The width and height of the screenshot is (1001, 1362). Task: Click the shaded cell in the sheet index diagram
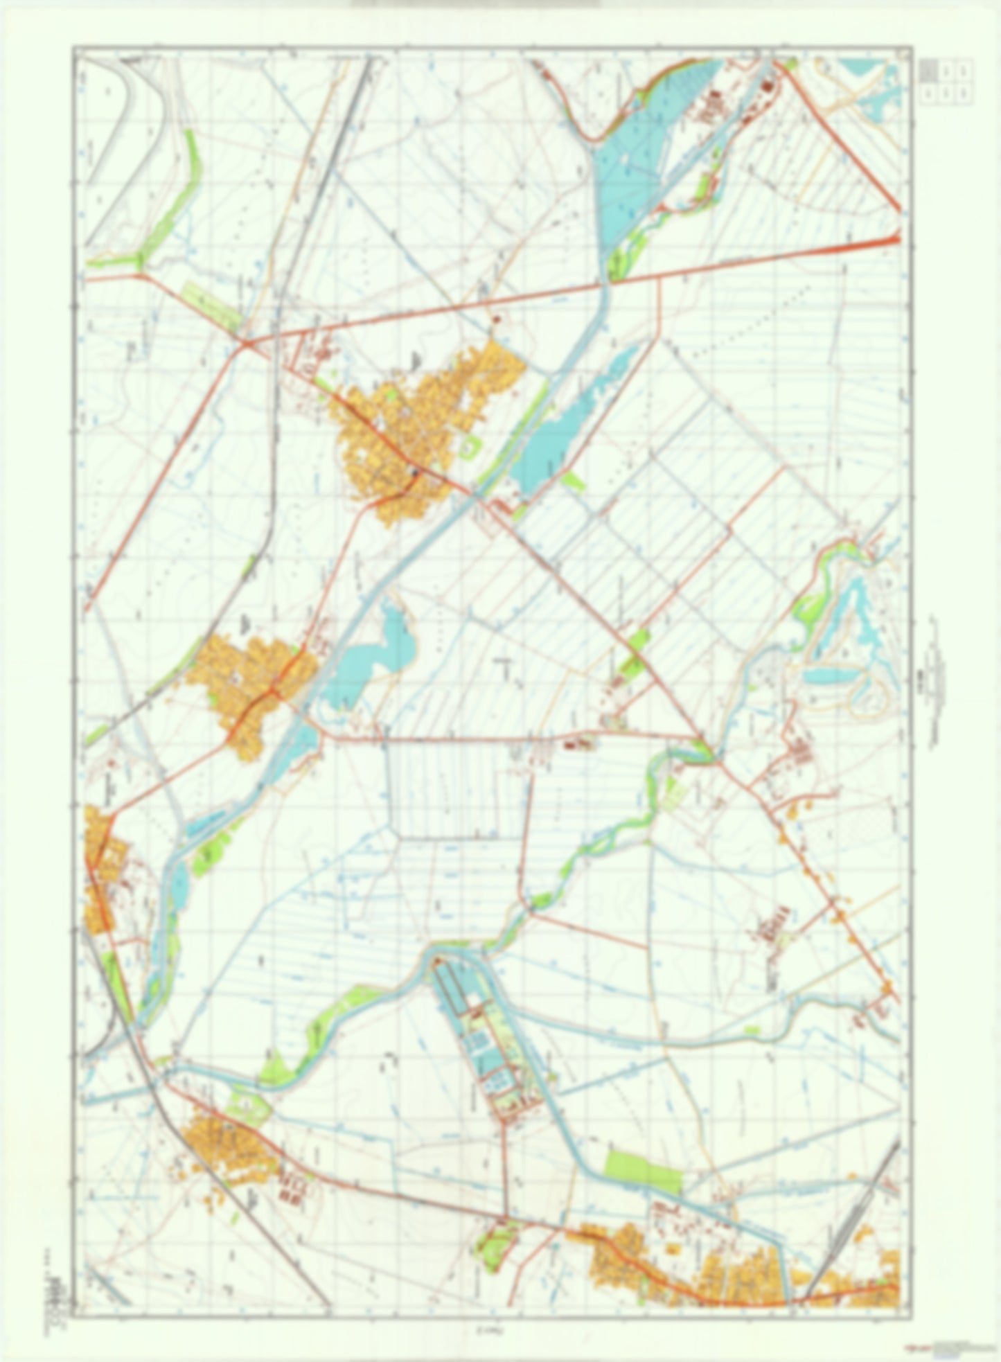tap(929, 70)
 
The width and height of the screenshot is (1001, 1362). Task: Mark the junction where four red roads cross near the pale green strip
tap(247, 342)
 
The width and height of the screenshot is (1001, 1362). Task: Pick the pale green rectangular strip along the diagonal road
tap(211, 306)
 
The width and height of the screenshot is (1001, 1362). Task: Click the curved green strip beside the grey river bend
tap(173, 201)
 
